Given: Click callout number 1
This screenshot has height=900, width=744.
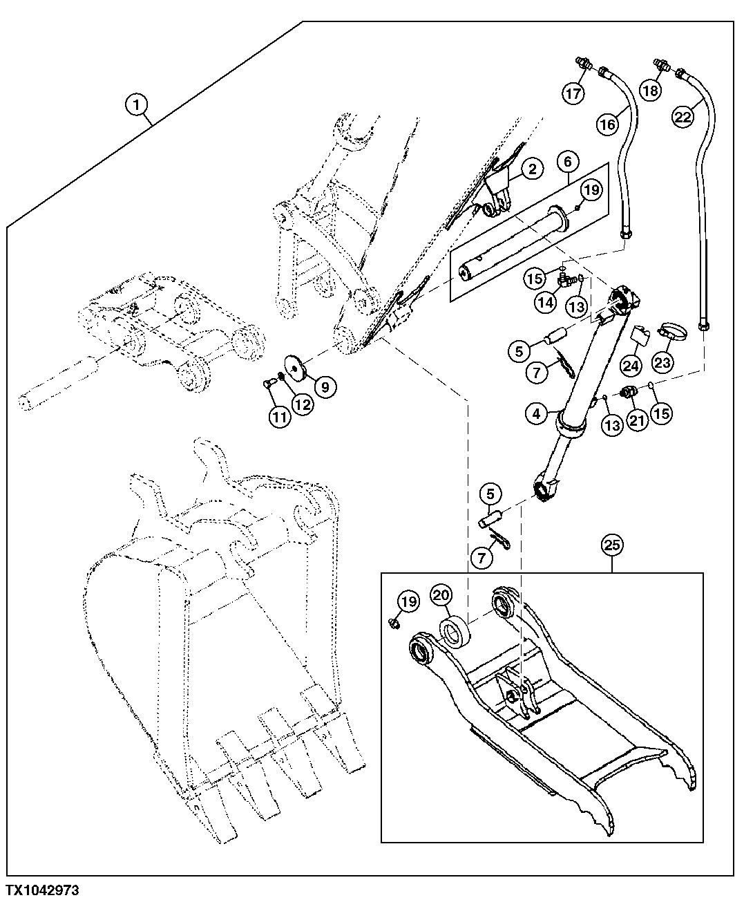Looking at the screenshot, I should [x=137, y=105].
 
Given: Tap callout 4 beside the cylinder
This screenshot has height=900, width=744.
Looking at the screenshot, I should [x=536, y=415].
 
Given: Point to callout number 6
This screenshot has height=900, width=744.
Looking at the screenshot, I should [x=567, y=162].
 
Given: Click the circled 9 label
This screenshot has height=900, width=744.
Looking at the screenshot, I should [x=324, y=386].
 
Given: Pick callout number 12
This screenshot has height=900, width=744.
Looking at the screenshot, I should [x=302, y=405].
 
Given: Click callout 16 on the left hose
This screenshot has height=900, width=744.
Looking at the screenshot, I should [x=607, y=124].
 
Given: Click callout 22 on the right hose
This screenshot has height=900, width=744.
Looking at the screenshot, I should [x=683, y=118].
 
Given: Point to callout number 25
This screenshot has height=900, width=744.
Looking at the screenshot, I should [x=611, y=545].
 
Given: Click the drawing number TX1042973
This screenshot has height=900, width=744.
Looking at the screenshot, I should [x=42, y=889].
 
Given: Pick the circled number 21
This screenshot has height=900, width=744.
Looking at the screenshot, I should [x=636, y=420].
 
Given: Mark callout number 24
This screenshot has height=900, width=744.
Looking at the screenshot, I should [x=629, y=364].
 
